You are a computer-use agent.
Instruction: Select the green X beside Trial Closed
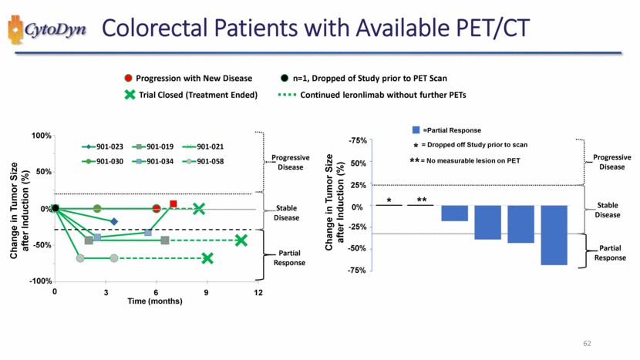[x=129, y=95]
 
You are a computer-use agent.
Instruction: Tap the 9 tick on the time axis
[x=207, y=292]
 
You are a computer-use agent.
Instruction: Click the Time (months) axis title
[x=155, y=301]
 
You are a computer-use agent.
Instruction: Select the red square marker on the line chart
[x=173, y=204]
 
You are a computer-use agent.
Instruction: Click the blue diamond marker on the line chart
[x=114, y=221]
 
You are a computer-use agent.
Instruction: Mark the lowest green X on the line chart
[x=207, y=258]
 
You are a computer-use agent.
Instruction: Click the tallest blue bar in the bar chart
[x=554, y=235]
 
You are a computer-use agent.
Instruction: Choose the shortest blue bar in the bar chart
[x=454, y=214]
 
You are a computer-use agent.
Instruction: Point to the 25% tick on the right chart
[x=358, y=184]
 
